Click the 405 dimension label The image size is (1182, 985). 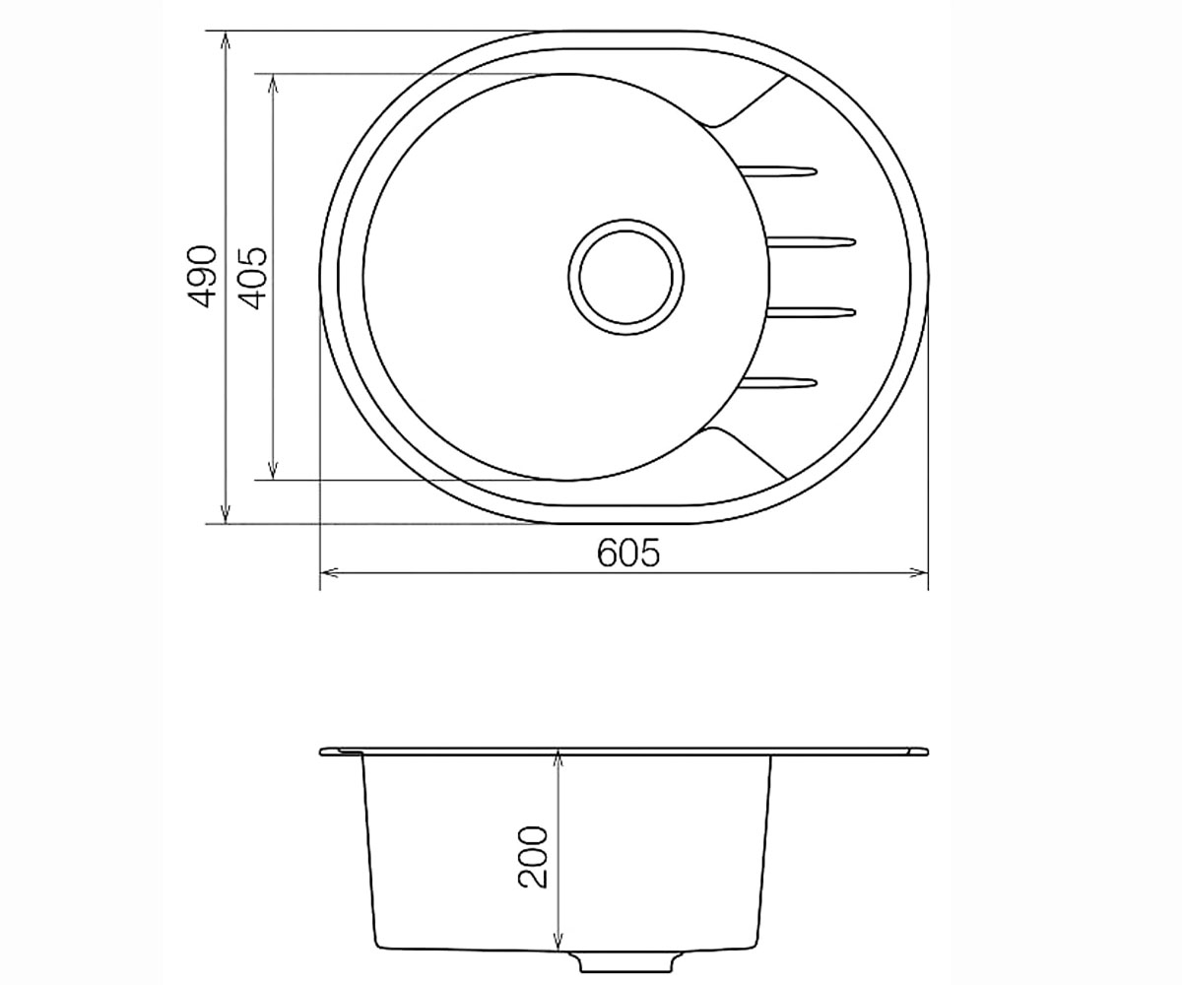pyautogui.click(x=252, y=278)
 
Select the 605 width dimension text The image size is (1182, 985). pyautogui.click(x=629, y=553)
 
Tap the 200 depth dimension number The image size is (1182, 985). pyautogui.click(x=533, y=857)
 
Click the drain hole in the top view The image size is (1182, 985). pyautogui.click(x=626, y=277)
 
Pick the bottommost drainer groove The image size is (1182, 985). pyautogui.click(x=778, y=384)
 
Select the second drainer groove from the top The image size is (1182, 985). pyautogui.click(x=811, y=242)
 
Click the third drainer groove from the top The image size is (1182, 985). pyautogui.click(x=811, y=311)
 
